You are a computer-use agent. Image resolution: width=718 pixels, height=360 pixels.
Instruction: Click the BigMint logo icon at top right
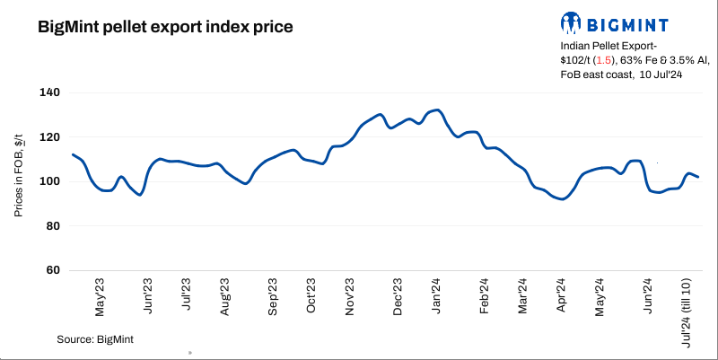point(571,22)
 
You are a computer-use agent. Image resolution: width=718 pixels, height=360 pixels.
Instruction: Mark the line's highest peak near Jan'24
point(436,110)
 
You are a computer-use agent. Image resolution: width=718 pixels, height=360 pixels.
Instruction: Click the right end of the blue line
point(698,177)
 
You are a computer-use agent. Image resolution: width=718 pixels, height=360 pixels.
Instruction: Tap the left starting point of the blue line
point(73,154)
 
